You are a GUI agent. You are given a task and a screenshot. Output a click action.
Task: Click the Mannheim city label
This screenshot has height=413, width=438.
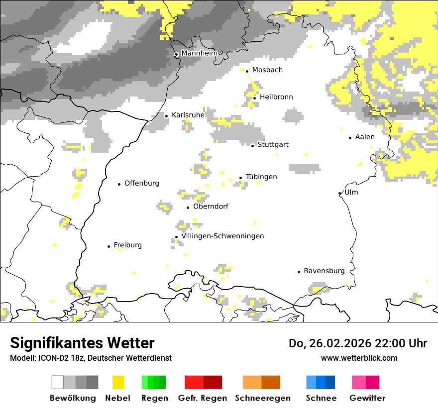tap(200, 53)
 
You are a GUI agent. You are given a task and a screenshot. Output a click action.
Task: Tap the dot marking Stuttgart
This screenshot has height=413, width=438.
tap(253, 145)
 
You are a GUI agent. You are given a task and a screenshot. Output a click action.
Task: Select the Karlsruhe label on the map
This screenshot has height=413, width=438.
tap(188, 115)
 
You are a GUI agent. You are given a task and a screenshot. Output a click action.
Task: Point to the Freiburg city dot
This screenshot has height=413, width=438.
tap(109, 246)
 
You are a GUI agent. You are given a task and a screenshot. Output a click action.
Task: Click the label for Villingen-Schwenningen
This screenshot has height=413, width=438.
tap(222, 236)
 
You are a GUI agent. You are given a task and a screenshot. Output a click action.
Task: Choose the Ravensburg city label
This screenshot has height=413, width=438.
tap(324, 271)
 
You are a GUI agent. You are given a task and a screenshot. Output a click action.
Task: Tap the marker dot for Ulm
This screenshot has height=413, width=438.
tap(339, 193)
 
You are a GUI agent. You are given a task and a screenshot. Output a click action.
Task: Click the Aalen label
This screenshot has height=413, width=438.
tap(365, 137)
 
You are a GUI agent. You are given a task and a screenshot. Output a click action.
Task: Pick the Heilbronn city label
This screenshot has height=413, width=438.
tap(276, 97)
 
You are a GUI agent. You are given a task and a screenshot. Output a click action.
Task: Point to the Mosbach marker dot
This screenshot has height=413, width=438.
tap(247, 71)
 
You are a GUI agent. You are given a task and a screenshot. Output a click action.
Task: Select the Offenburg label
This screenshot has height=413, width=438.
tap(142, 183)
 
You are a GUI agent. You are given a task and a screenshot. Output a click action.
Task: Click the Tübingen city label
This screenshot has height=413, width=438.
tap(261, 177)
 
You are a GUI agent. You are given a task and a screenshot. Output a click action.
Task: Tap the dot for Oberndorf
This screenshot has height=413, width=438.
tap(188, 207)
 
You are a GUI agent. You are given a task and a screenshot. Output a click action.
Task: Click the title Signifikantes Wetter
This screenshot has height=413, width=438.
tap(82, 343)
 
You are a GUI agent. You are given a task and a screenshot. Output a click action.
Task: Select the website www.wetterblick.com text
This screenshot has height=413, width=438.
tap(359, 358)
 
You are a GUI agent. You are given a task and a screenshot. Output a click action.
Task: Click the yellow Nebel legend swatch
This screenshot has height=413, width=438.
tap(118, 382)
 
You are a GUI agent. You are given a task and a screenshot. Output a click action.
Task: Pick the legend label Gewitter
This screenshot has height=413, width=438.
tap(367, 398)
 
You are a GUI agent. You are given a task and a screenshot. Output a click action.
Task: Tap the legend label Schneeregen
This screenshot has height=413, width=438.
tap(262, 398)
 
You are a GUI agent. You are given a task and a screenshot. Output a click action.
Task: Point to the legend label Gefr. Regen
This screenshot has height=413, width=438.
tap(203, 398)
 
